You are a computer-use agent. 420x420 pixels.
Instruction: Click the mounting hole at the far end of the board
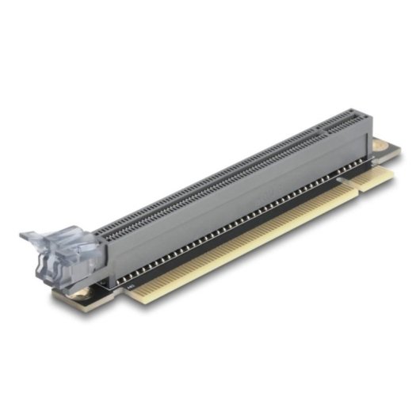point(383,147)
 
